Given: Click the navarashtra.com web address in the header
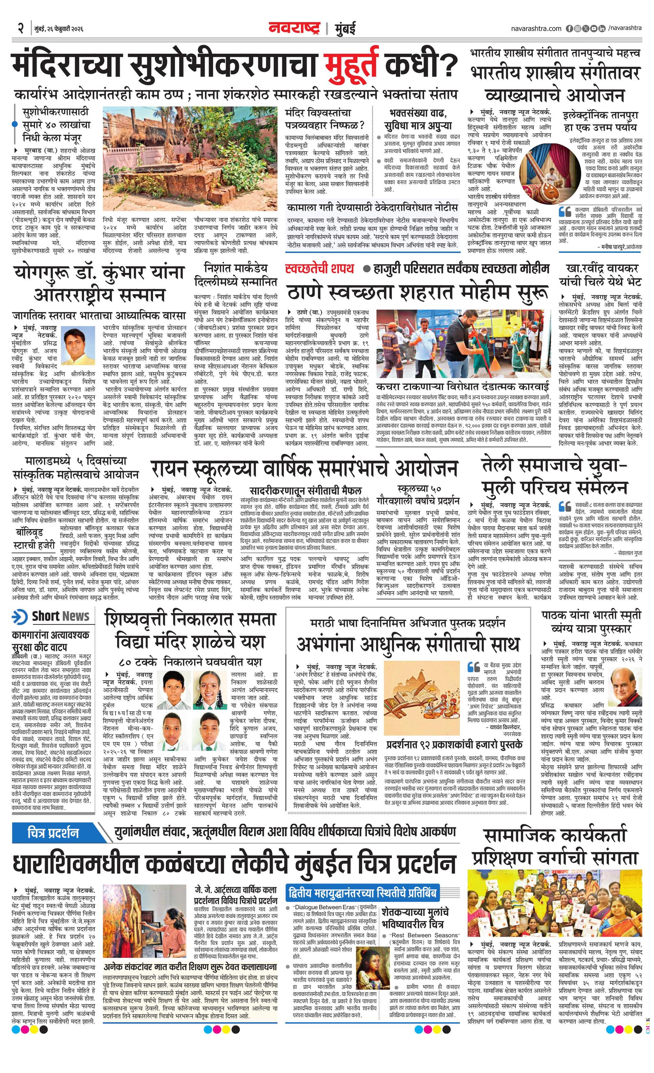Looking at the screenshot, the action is [x=536, y=29].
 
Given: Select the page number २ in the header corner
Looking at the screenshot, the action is [x=20, y=29].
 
